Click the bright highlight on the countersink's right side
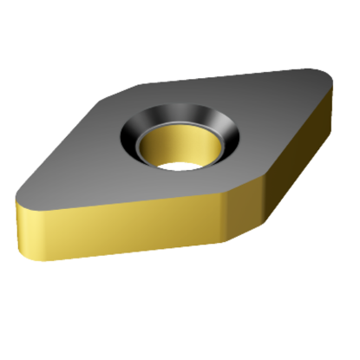coord(226,131)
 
